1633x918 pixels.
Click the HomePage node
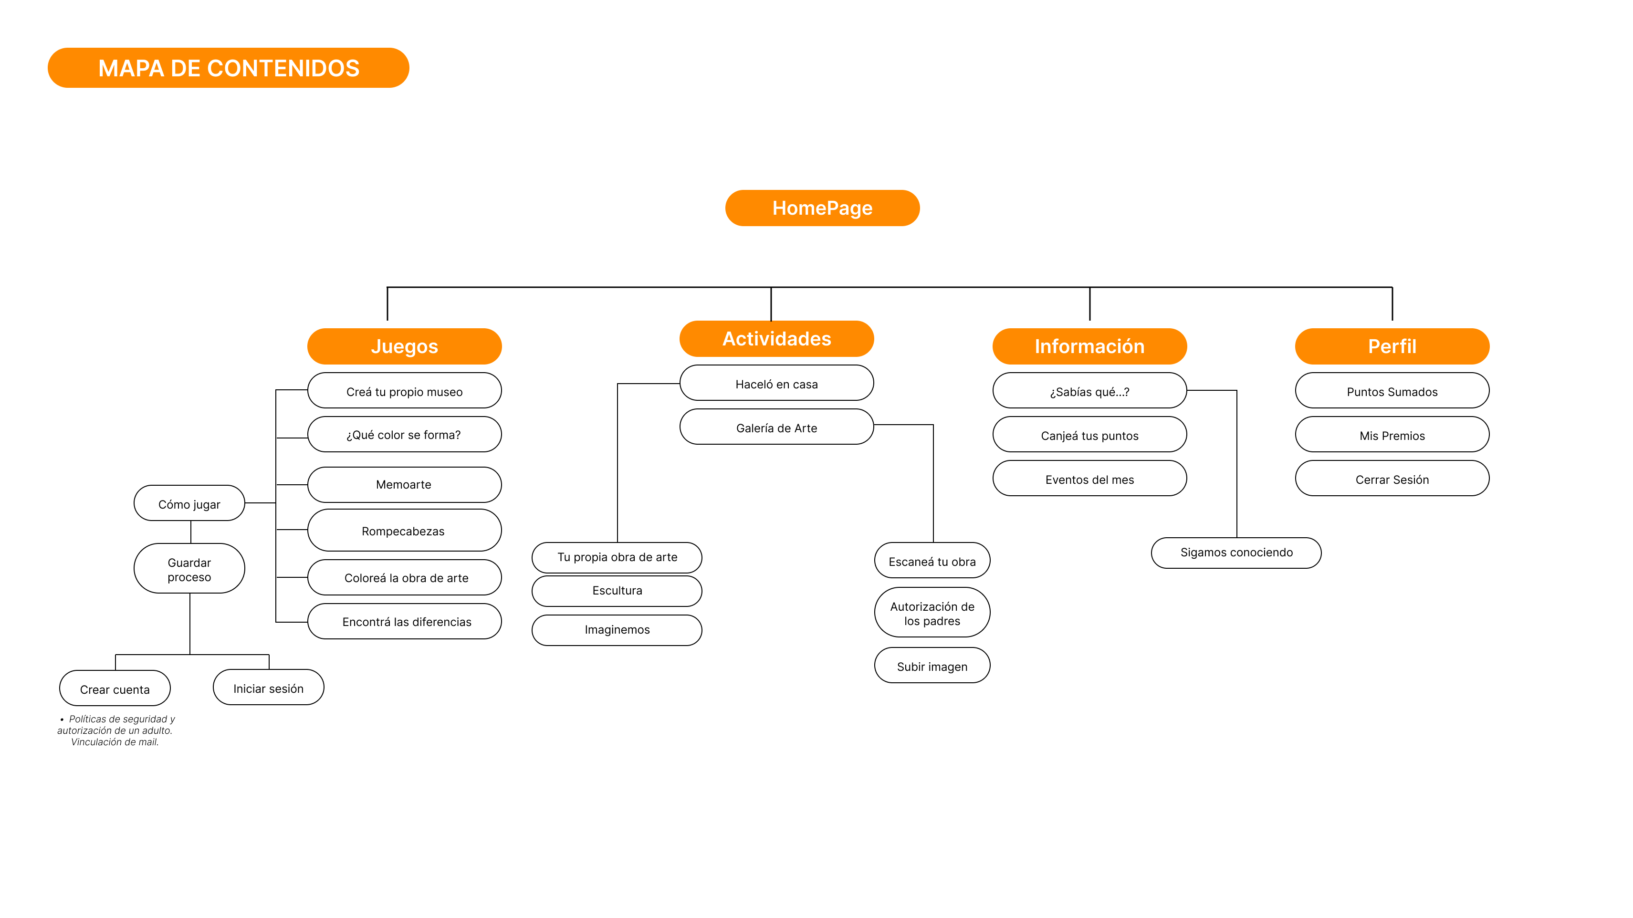[x=822, y=208]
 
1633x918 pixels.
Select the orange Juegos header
[x=405, y=346]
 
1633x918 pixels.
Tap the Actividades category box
[x=776, y=339]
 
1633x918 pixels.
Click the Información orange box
[x=1089, y=346]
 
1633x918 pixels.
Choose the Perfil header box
[x=1392, y=346]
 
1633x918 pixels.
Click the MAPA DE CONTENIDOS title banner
[x=228, y=68]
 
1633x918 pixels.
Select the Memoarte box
[x=404, y=484]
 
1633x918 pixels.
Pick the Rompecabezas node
[x=404, y=531]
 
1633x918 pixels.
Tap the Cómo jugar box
[x=189, y=504]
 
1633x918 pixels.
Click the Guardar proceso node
[x=189, y=569]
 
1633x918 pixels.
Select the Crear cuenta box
[x=115, y=689]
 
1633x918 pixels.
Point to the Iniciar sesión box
[x=268, y=688]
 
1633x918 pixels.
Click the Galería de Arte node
[x=776, y=428]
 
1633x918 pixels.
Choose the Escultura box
[x=617, y=590]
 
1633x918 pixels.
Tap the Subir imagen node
[x=932, y=666]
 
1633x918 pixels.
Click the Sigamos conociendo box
[x=1236, y=552]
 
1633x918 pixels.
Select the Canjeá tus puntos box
[x=1089, y=436]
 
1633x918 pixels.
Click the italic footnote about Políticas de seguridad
[x=115, y=730]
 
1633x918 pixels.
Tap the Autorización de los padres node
[x=932, y=613]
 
